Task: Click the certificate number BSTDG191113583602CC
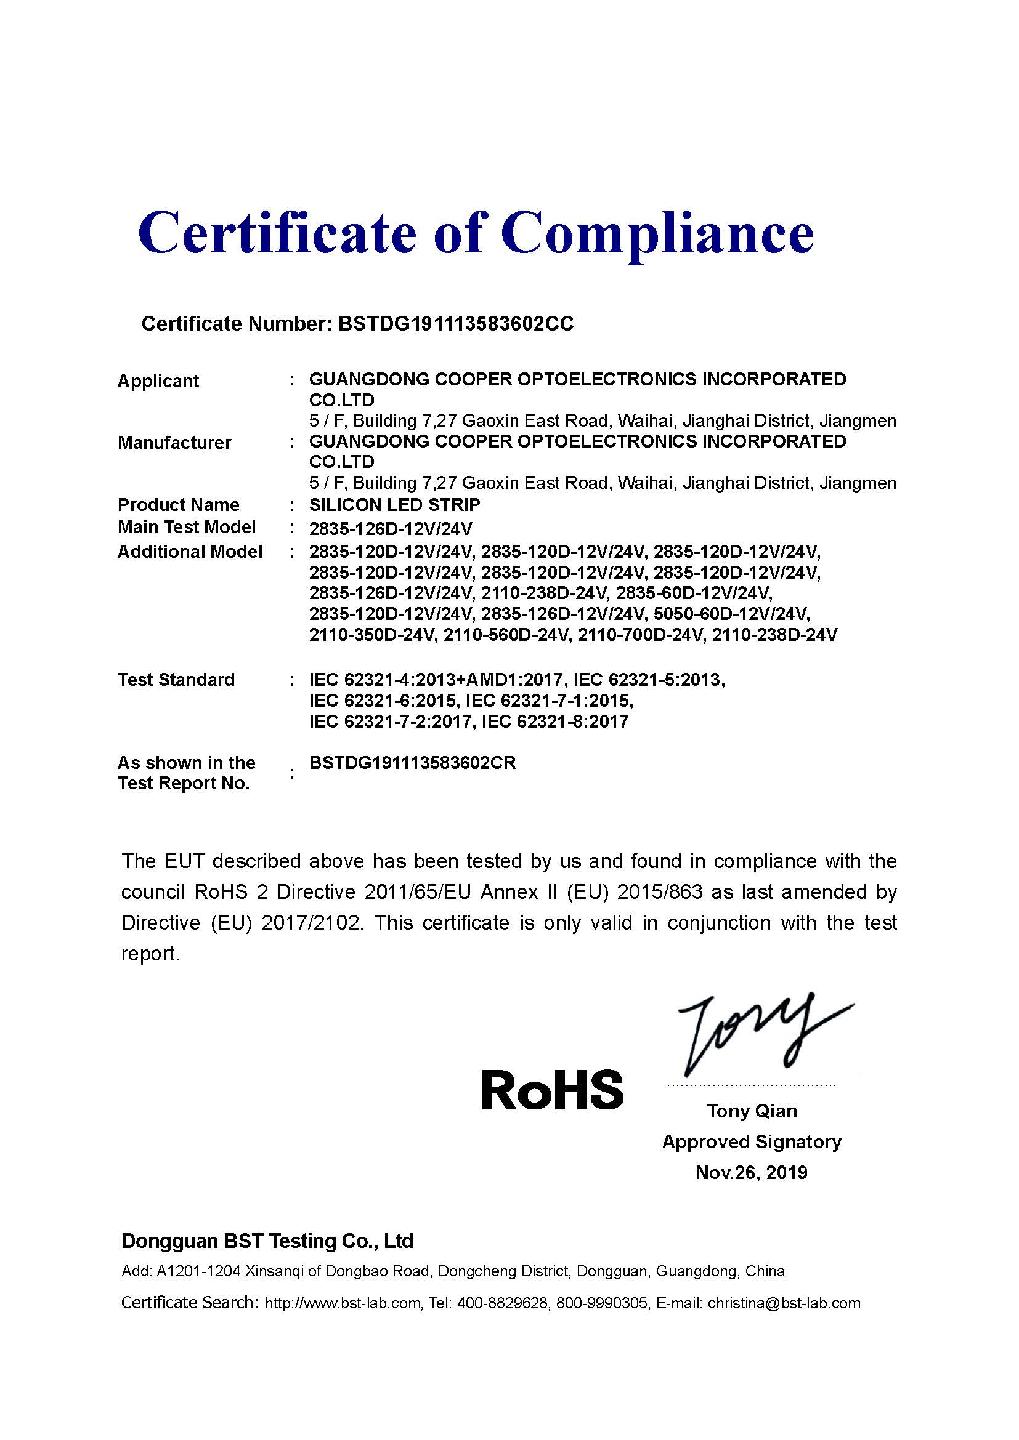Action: pos(455,324)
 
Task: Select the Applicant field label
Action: pos(158,381)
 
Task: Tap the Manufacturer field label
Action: pos(174,443)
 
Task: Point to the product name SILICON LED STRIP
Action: pos(395,505)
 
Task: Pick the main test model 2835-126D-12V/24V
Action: pos(390,528)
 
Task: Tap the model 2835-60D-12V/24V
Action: pos(694,593)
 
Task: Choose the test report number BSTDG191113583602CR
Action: pos(412,763)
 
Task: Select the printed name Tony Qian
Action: pos(752,1111)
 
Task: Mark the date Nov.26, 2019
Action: pos(751,1173)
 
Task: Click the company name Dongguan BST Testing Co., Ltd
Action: pos(267,1241)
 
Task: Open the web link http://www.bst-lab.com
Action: pos(343,1303)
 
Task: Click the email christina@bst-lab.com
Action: pos(784,1303)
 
